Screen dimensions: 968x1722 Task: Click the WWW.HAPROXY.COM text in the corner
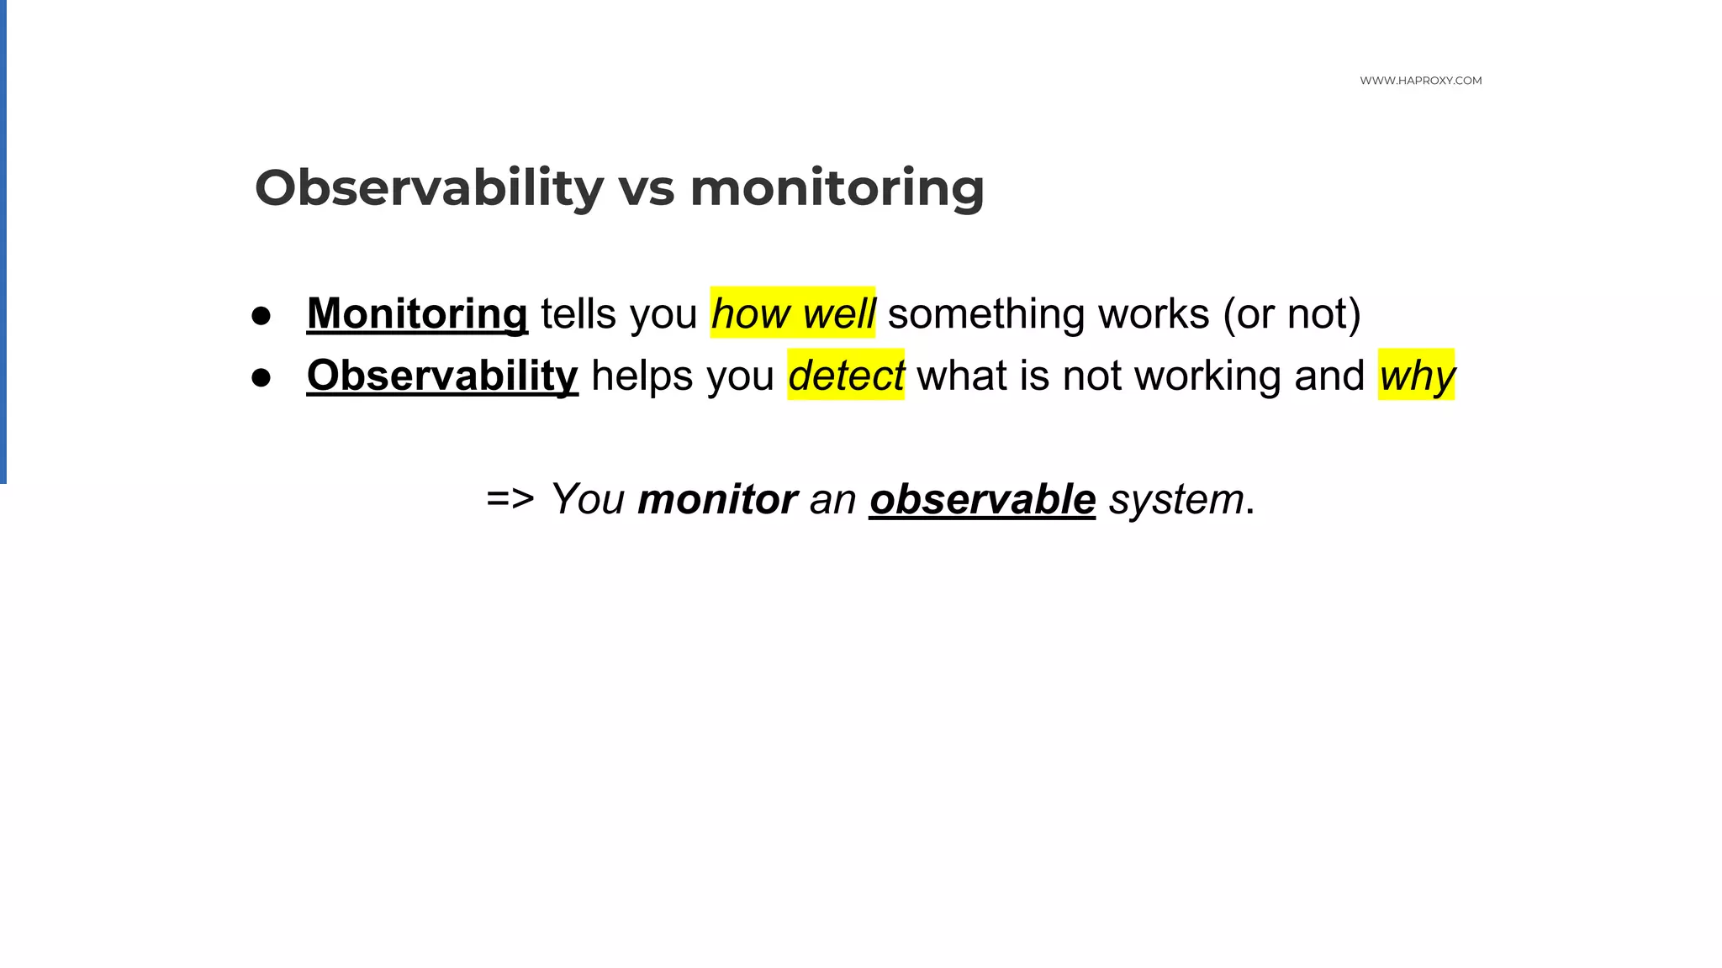click(1420, 81)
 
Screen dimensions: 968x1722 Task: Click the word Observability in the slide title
click(429, 187)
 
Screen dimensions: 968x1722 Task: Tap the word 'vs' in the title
click(646, 189)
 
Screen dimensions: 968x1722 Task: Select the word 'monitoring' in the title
click(837, 189)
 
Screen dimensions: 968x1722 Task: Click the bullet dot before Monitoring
click(261, 316)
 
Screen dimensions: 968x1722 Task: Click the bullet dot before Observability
click(261, 377)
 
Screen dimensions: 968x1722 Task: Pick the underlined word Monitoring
click(417, 314)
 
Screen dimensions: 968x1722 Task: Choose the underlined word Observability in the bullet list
click(442, 376)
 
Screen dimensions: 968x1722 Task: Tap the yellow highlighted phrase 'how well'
click(792, 313)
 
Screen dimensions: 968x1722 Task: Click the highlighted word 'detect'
click(846, 376)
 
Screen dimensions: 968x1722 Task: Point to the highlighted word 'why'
click(1416, 376)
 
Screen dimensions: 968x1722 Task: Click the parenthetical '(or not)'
click(1291, 314)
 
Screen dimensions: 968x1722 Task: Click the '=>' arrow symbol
click(510, 499)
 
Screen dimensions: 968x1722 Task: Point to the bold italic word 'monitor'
click(717, 499)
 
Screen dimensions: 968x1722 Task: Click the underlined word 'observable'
click(982, 499)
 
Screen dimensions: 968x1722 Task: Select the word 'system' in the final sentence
click(1176, 499)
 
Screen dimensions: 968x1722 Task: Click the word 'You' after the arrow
click(588, 499)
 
